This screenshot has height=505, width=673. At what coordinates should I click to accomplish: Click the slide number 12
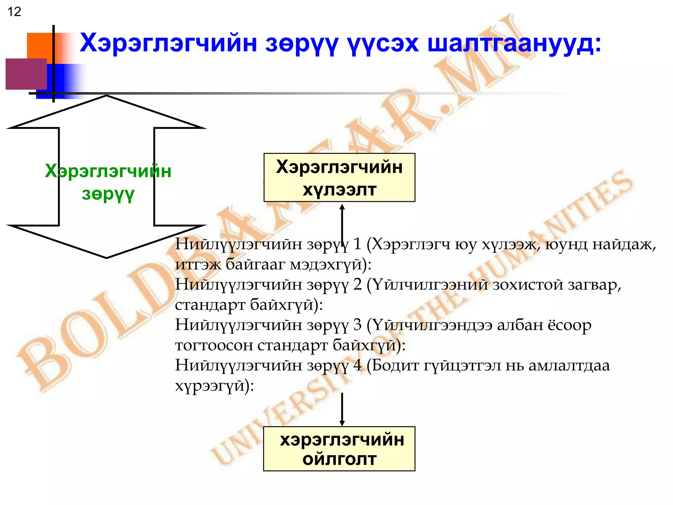pyautogui.click(x=14, y=12)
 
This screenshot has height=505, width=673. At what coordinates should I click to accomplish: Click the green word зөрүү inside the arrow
pyautogui.click(x=108, y=194)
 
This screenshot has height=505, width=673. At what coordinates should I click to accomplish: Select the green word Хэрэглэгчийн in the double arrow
pyautogui.click(x=108, y=171)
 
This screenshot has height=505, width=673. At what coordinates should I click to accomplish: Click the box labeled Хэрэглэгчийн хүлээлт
pyautogui.click(x=339, y=178)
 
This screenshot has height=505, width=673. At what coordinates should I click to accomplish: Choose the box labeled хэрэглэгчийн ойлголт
pyautogui.click(x=339, y=449)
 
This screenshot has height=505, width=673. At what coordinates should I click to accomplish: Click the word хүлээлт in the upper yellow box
pyautogui.click(x=339, y=190)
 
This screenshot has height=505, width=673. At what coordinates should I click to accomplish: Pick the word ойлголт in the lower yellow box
pyautogui.click(x=339, y=459)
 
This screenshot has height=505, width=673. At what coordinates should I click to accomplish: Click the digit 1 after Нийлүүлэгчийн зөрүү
pyautogui.click(x=357, y=244)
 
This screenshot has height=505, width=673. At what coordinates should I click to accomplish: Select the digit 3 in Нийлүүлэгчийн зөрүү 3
pyautogui.click(x=358, y=325)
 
